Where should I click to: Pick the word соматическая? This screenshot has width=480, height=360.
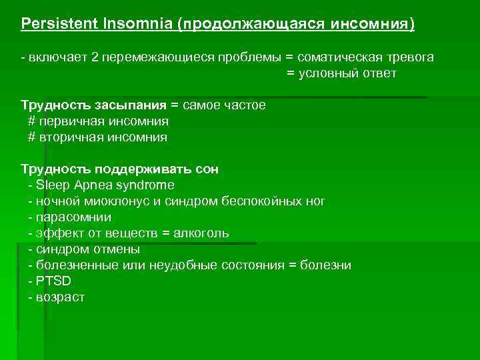click(x=340, y=57)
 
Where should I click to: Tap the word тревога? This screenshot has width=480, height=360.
click(x=411, y=57)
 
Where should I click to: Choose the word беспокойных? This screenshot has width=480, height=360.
click(x=265, y=201)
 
